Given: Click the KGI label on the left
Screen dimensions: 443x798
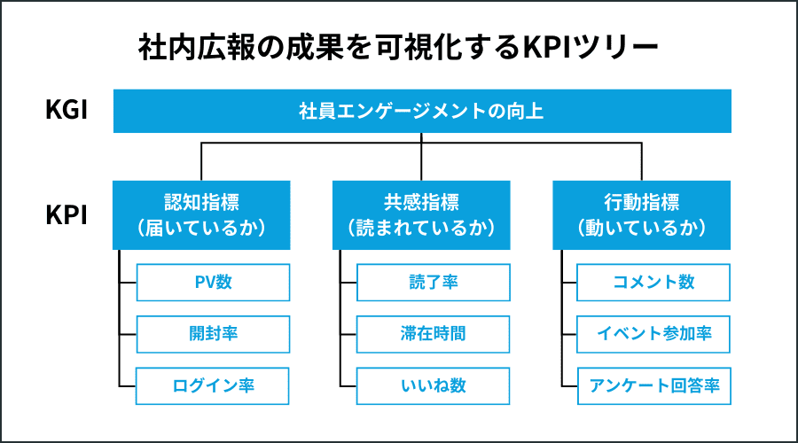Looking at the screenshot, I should pos(66,112).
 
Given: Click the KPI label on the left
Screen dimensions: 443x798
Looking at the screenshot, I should pos(66,215).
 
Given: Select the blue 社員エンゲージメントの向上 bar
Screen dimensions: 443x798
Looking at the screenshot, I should pos(422,112).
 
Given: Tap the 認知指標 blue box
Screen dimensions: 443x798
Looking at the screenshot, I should pos(201,214).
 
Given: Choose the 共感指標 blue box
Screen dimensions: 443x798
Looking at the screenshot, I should pos(421,214).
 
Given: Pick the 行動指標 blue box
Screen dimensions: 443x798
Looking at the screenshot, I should pos(641,214).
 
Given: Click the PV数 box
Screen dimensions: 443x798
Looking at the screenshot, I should pos(213,283).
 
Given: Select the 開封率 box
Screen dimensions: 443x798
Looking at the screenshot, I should pos(213,334).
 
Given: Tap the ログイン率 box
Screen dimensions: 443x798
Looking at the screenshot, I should pos(213,385).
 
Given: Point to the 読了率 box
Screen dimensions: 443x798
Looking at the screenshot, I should pos(433,283).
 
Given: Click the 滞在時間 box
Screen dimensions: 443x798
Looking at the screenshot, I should pos(433,334).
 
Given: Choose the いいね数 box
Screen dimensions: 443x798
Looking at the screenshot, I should pos(433,385).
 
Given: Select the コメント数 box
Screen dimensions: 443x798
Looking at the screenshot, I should pos(653,283).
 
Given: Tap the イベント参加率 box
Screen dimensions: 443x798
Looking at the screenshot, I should pos(653,334).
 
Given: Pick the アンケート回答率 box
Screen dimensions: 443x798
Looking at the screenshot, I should pos(653,385).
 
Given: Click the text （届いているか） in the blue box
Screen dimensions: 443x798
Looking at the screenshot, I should pos(201,228).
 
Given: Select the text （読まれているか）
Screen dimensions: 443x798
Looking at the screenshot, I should pos(421,228).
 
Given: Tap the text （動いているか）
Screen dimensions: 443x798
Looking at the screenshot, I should pos(641,228).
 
